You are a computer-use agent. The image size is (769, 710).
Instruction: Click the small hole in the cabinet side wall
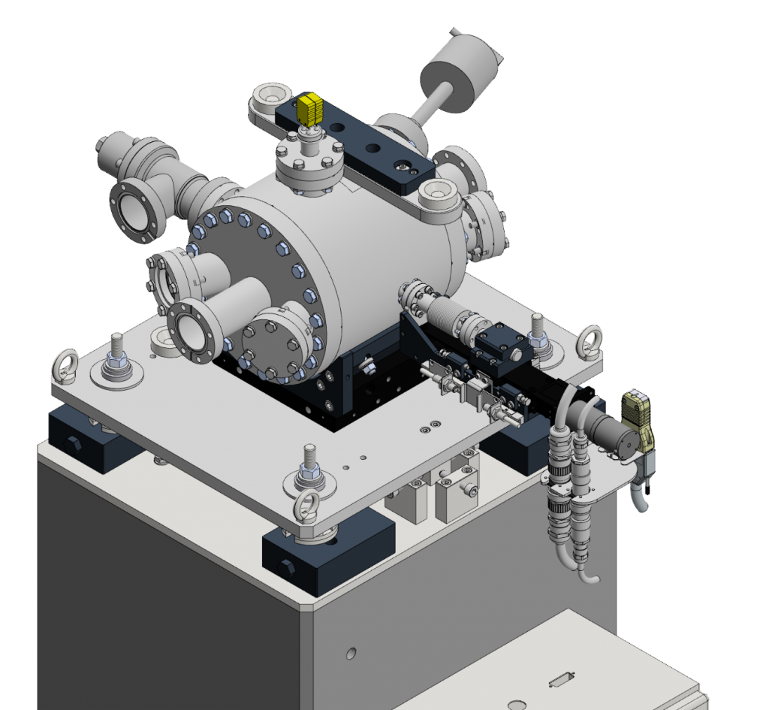(x=350, y=651)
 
